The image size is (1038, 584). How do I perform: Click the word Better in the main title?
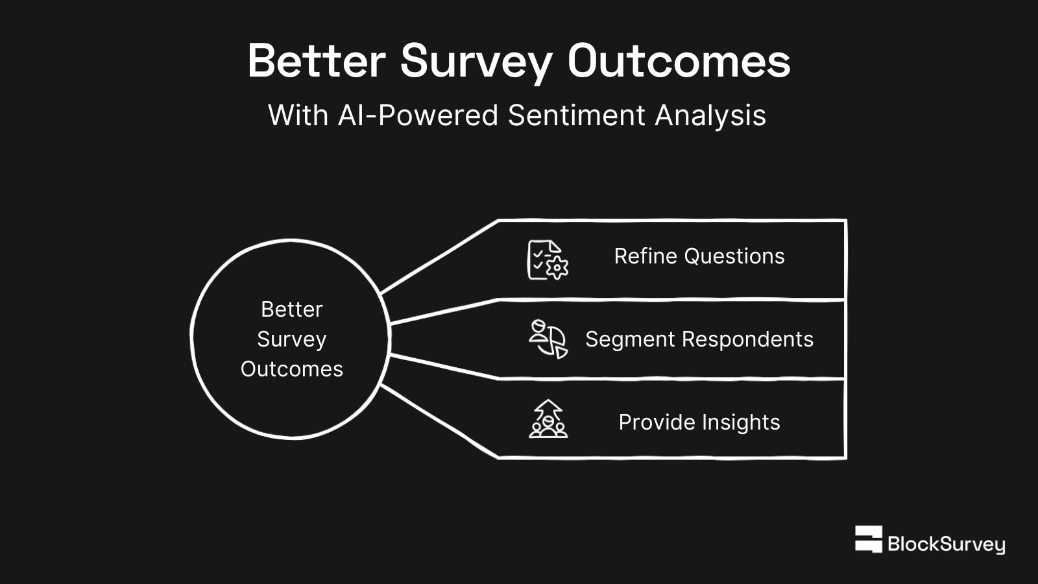(316, 62)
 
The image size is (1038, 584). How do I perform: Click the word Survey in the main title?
(476, 62)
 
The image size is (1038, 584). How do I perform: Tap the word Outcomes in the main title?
(679, 62)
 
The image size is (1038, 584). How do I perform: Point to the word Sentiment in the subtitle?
(577, 116)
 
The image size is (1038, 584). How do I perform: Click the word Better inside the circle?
(291, 310)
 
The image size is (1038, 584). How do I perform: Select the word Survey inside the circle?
(291, 339)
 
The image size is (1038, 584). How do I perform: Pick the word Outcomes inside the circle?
(291, 369)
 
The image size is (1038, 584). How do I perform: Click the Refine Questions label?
(699, 256)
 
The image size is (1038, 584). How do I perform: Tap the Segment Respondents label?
(699, 339)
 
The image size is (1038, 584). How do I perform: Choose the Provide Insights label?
(699, 422)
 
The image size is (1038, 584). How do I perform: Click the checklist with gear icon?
(548, 260)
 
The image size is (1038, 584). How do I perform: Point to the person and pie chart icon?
(548, 339)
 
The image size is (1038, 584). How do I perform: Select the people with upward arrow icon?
(548, 419)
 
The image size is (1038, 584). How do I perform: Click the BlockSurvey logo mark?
(868, 539)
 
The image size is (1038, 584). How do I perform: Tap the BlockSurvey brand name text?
(946, 544)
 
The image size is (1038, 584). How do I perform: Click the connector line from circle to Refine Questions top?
(439, 258)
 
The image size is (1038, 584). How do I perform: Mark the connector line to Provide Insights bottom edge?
(439, 421)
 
